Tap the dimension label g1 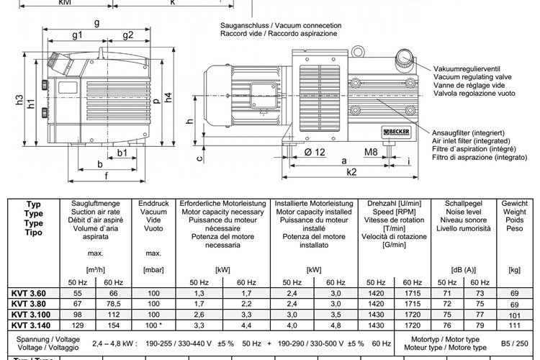click(x=77, y=35)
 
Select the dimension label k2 click(x=351, y=172)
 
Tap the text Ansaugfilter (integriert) click(x=467, y=133)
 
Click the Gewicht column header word click(x=513, y=203)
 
